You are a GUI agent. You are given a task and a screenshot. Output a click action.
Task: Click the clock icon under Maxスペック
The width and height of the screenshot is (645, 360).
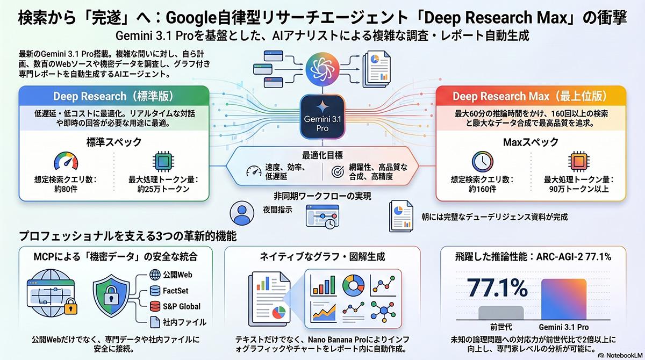click(482, 161)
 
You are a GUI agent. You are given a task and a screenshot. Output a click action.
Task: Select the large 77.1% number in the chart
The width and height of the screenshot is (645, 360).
click(497, 289)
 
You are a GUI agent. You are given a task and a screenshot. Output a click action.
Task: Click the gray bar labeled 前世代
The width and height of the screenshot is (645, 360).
click(500, 313)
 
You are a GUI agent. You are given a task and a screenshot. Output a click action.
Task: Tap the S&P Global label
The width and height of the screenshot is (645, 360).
click(182, 306)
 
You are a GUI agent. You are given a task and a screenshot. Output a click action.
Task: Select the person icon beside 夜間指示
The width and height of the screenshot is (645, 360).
click(241, 213)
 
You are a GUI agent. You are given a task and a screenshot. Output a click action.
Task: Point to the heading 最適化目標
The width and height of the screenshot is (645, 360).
click(322, 155)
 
